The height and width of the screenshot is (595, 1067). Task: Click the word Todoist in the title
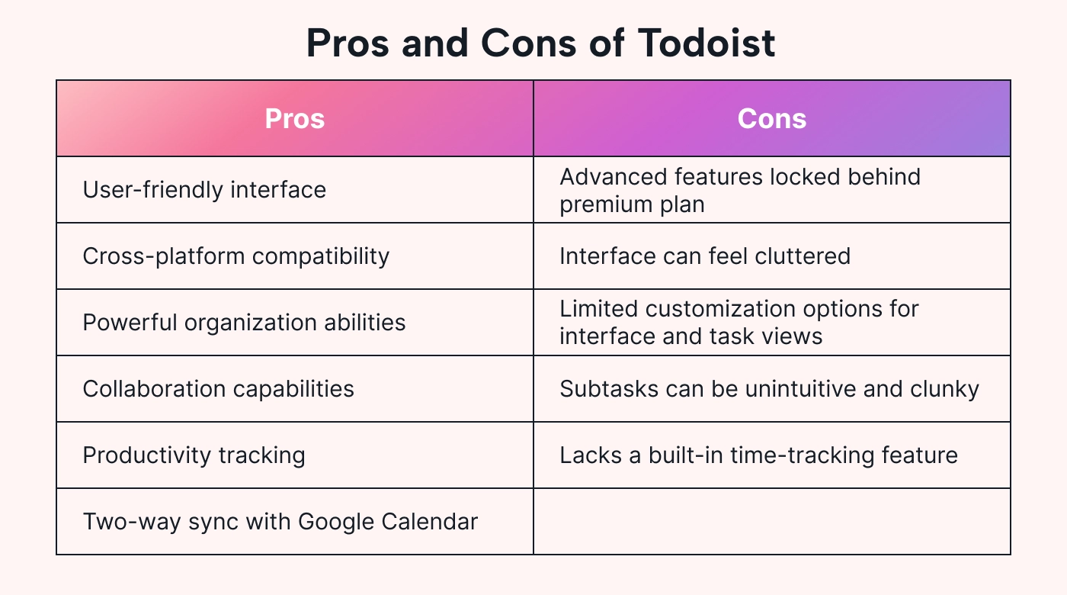pos(707,43)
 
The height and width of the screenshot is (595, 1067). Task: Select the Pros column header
pos(295,118)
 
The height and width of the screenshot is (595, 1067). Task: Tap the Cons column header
pos(771,118)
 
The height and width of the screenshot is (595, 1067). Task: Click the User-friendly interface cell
pos(295,190)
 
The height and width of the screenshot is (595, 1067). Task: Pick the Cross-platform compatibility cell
pos(295,256)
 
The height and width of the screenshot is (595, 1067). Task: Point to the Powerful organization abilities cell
pos(295,322)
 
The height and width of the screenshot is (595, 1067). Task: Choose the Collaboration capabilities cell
pos(295,388)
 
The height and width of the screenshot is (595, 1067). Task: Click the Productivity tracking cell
pos(295,455)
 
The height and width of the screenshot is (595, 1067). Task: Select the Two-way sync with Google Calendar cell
pos(295,521)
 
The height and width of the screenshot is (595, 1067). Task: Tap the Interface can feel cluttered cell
pos(771,256)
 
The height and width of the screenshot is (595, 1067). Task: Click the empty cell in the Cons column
pos(771,521)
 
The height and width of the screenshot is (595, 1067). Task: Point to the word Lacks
pos(591,455)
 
